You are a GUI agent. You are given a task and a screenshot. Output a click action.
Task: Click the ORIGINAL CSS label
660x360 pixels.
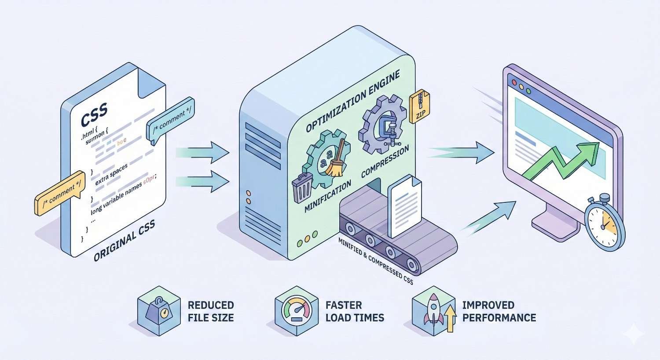[x=125, y=242]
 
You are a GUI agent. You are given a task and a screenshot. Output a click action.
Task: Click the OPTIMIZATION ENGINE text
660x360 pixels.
[x=353, y=101]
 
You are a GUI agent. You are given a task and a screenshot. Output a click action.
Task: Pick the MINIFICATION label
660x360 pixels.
[x=328, y=196]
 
